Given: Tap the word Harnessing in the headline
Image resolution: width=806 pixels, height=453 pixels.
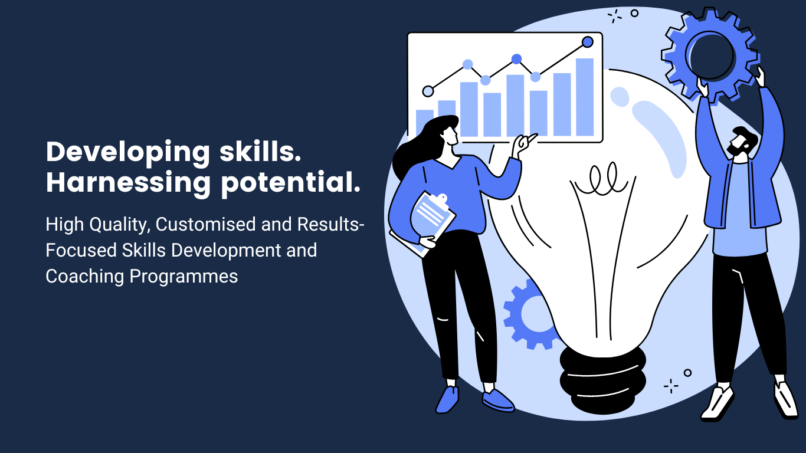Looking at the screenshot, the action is click(128, 183).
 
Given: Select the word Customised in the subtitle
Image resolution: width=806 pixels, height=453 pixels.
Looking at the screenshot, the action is click(205, 224).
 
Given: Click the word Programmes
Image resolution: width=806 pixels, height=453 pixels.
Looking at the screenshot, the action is click(184, 277).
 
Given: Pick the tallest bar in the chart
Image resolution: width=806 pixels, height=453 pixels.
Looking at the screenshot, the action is click(585, 97).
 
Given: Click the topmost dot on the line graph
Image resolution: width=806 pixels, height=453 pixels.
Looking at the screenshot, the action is click(587, 42).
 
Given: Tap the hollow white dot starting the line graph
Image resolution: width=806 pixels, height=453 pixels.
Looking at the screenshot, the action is click(428, 91).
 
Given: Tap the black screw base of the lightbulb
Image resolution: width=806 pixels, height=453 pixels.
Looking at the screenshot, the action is click(603, 382).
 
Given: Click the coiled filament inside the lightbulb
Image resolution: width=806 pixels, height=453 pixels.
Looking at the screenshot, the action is click(601, 180).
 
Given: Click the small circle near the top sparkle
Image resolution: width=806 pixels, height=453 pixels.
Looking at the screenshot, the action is click(634, 14).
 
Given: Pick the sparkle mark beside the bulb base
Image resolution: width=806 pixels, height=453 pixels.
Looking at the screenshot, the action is click(671, 386).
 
